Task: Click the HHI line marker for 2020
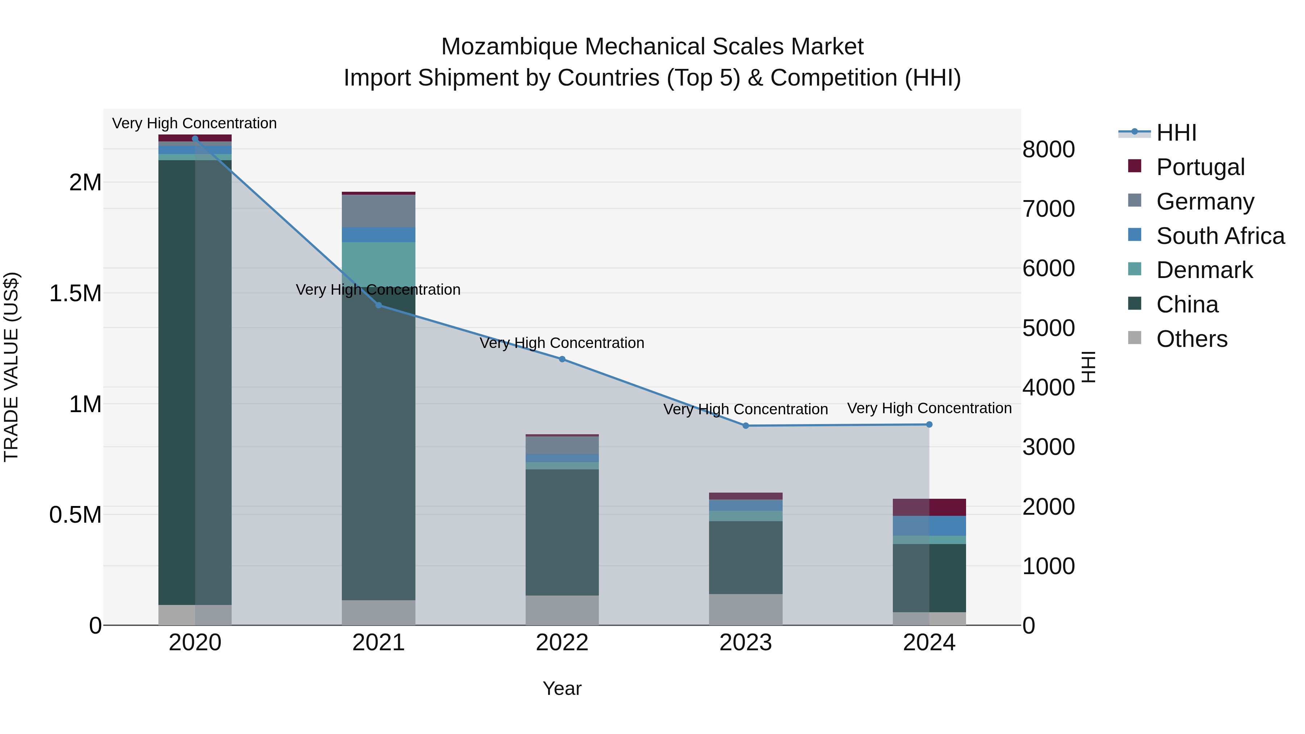(195, 138)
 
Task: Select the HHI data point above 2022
(562, 359)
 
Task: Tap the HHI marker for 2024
(929, 424)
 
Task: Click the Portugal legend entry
(1200, 167)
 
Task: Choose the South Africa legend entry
(1220, 236)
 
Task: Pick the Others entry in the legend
(1192, 339)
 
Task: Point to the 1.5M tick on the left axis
(75, 293)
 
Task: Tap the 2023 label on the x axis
(745, 643)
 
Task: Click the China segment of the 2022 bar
(562, 532)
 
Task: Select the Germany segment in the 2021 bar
(378, 211)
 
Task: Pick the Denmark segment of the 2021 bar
(378, 264)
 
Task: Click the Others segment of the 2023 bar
(745, 609)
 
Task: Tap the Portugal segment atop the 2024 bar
(929, 507)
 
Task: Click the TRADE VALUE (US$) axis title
(11, 367)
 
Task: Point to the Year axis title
(562, 688)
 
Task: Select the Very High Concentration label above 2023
(745, 409)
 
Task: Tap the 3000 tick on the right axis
(1048, 447)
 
